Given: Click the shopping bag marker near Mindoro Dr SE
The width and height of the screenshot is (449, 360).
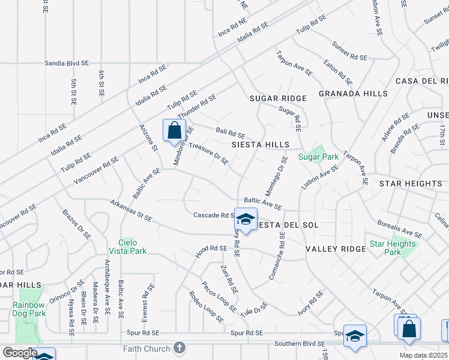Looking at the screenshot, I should [174, 131].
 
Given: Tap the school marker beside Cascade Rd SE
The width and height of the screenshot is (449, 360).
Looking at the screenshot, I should [246, 220].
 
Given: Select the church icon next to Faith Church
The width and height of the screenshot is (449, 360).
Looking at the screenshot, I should [179, 348].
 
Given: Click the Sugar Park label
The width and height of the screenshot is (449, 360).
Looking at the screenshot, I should [319, 157].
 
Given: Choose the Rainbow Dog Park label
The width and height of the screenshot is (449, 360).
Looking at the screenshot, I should [29, 308].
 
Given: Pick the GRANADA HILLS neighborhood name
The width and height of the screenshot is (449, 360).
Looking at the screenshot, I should [352, 94].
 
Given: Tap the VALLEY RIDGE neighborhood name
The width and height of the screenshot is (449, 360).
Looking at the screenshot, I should [336, 249].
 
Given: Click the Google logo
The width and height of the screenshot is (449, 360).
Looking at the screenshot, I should [20, 353].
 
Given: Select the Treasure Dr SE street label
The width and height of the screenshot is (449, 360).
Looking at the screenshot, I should [209, 153].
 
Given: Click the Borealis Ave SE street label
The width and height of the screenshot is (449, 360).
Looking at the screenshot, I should [400, 229].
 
